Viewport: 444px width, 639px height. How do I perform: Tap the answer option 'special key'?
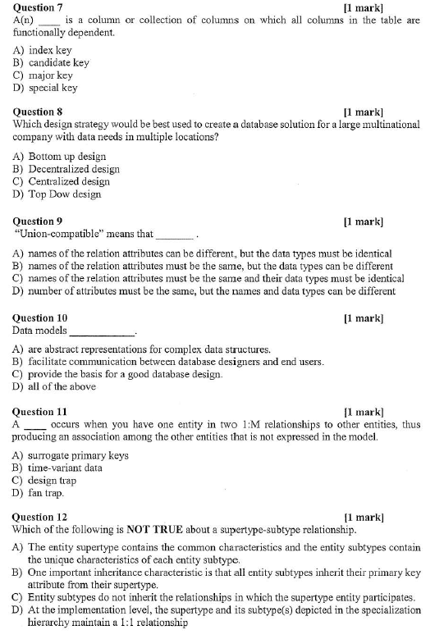(x=53, y=88)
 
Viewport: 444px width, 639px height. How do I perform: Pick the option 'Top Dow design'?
(x=65, y=194)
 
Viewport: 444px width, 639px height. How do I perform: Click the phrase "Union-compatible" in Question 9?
(x=62, y=234)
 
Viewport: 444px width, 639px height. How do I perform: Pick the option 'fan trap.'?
(x=46, y=493)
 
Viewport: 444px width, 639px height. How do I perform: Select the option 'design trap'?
(x=53, y=481)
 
